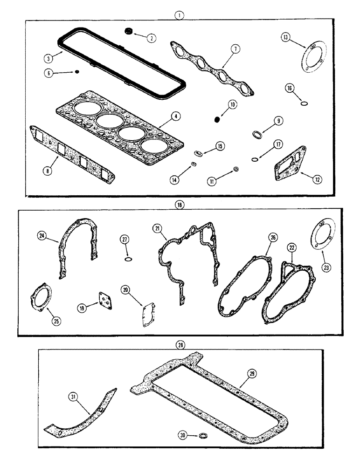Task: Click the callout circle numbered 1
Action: click(x=180, y=14)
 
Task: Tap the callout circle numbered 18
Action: click(x=180, y=204)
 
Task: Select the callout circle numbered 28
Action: click(x=180, y=345)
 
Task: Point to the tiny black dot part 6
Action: click(x=77, y=72)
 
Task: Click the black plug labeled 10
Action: click(x=216, y=120)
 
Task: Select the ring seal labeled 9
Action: click(x=257, y=135)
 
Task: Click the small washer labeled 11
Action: click(x=236, y=168)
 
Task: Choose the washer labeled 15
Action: click(x=198, y=152)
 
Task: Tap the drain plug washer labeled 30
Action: click(x=202, y=436)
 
